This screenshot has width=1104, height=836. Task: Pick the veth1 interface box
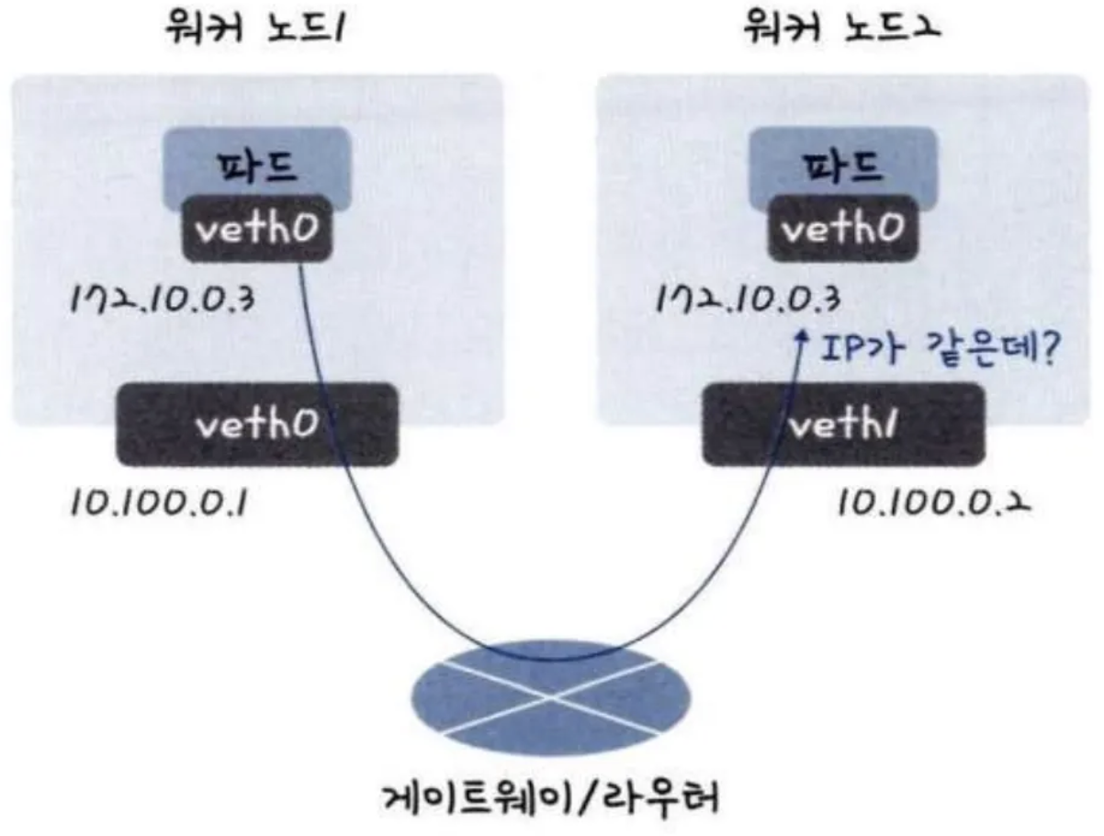tap(842, 424)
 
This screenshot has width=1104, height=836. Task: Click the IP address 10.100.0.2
tap(930, 504)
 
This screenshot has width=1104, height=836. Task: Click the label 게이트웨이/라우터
tap(551, 797)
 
